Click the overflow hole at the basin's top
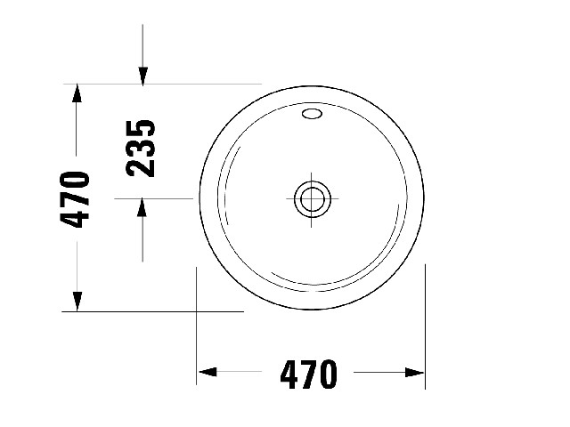312,114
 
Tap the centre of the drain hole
312,199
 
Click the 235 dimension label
141,149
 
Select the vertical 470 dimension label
75,199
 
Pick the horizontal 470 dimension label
309,375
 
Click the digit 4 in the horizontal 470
289,375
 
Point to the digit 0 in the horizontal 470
329,375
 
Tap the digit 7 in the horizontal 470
309,375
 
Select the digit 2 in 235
141,168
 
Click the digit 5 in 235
141,128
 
